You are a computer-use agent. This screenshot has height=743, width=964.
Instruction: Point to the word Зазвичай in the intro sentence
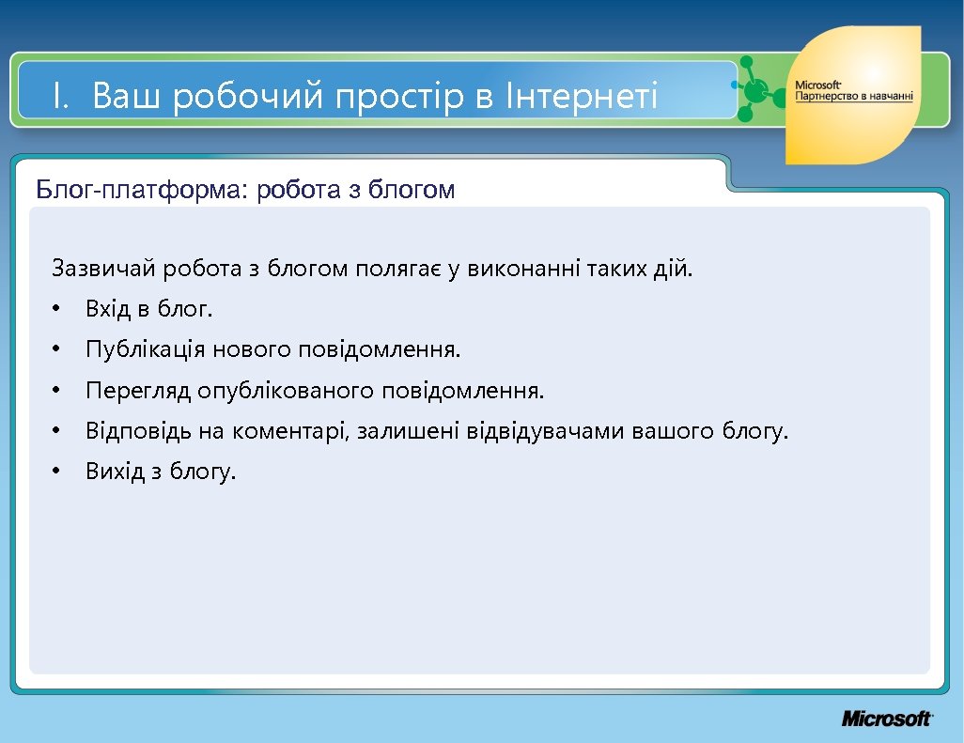pyautogui.click(x=104, y=270)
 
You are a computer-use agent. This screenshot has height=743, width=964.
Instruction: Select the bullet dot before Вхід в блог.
pyautogui.click(x=56, y=310)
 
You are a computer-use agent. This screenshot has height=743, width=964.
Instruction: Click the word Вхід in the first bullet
pyautogui.click(x=109, y=309)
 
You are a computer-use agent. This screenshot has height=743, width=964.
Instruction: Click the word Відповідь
pyautogui.click(x=136, y=431)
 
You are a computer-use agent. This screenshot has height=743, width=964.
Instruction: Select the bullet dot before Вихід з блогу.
pyautogui.click(x=56, y=472)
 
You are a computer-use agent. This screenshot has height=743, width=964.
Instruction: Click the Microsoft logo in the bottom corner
pyautogui.click(x=886, y=719)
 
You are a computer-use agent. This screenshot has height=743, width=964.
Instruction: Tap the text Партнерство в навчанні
pyautogui.click(x=854, y=97)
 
